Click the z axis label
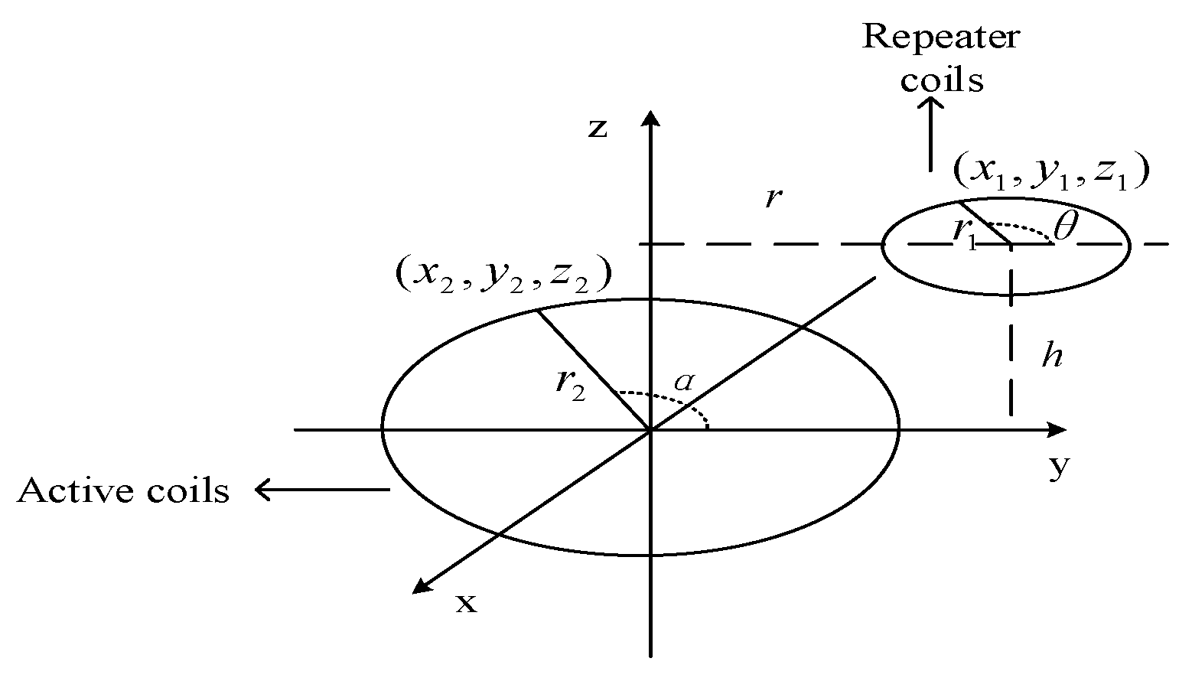click(598, 128)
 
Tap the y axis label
click(1057, 467)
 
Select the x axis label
click(466, 604)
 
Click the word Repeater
click(941, 36)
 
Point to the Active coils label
click(123, 490)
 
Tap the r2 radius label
click(571, 386)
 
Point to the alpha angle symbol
click(683, 381)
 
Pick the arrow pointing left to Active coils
click(321, 489)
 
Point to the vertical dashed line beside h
click(1011, 348)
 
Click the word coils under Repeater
click(941, 79)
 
